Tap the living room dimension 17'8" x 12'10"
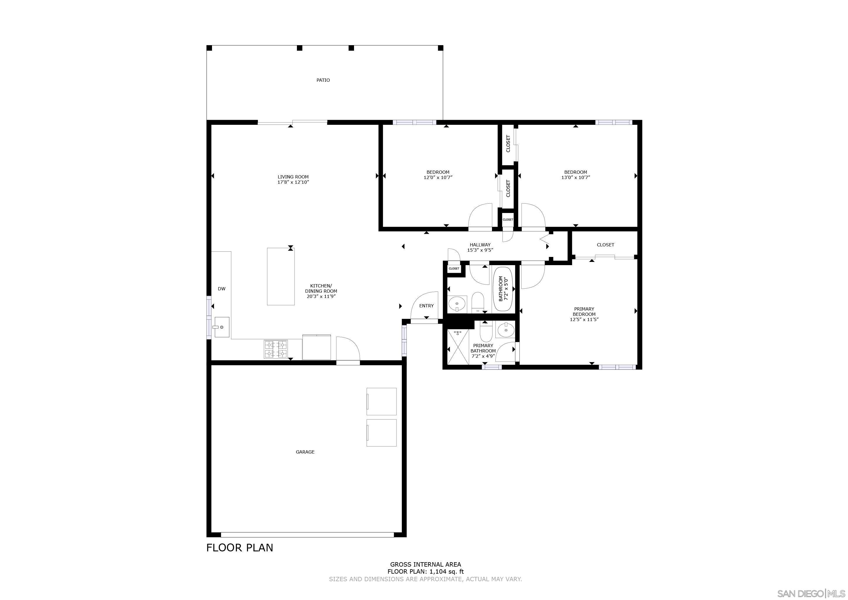coord(293,182)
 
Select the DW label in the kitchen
coord(221,289)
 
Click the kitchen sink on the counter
coord(222,327)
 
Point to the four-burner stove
coord(276,349)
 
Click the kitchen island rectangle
coord(281,276)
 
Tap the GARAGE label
coord(305,452)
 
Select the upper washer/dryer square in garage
coord(381,401)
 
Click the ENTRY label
coord(426,306)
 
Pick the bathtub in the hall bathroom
coord(503,289)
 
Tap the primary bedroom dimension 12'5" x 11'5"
coord(584,320)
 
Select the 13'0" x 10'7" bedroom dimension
coord(575,177)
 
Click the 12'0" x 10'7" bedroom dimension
coord(438,177)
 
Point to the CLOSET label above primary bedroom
coord(605,245)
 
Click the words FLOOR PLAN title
coord(240,548)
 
